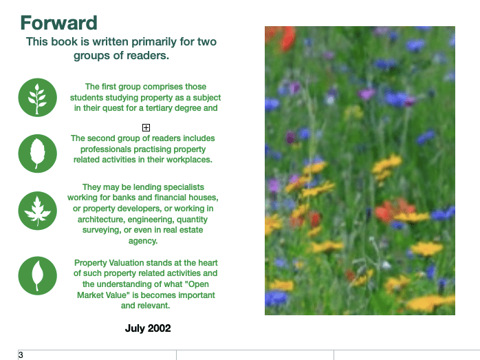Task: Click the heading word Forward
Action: pos(58,23)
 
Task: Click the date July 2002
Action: pos(148,328)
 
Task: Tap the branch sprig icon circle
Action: pos(38,98)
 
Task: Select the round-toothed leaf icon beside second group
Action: pos(38,153)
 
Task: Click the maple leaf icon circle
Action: pos(38,211)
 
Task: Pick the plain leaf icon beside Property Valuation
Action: pos(38,276)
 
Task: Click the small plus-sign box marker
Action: pos(146,127)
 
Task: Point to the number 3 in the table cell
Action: pos(21,355)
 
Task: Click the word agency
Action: pos(143,241)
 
